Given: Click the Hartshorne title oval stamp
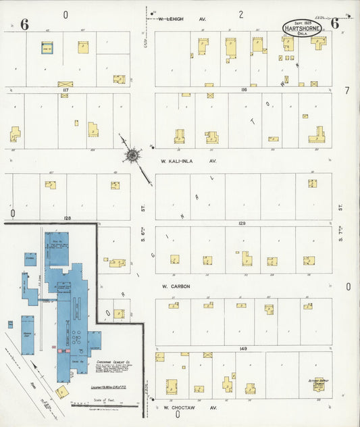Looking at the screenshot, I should click(302, 28).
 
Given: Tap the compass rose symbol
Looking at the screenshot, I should click(132, 156).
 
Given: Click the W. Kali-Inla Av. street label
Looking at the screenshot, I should click(188, 161).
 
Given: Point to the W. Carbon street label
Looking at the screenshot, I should click(175, 286).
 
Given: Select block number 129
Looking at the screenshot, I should click(242, 222).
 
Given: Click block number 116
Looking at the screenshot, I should click(244, 89).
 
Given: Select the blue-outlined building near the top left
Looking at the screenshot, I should click(47, 48).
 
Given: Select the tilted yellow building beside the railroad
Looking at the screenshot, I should click(61, 392).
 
